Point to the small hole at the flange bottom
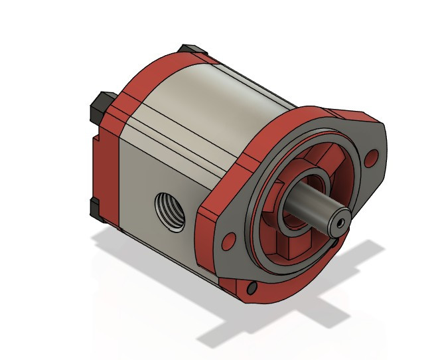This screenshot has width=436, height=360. tap(252, 288)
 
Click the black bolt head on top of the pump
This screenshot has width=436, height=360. tap(189, 50)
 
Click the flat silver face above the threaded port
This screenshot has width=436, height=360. tap(166, 159)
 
